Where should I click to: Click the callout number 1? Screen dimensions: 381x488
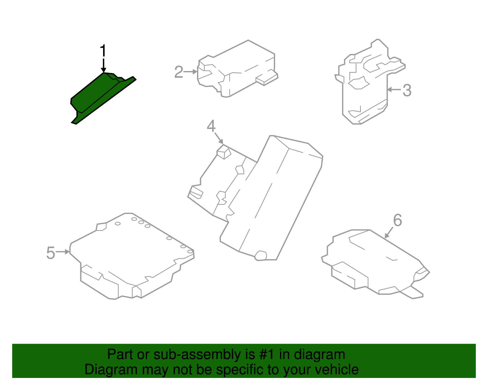[103, 51]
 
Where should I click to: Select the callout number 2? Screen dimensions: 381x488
[179, 72]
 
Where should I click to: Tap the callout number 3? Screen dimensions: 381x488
[407, 91]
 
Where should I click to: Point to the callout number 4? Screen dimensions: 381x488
[211, 126]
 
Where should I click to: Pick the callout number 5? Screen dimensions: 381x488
[51, 253]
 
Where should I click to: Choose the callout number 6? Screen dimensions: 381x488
[397, 220]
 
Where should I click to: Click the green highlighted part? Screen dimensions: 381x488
[98, 96]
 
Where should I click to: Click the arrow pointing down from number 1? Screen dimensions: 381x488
[104, 66]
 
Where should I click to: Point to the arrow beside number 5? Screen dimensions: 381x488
[63, 252]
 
